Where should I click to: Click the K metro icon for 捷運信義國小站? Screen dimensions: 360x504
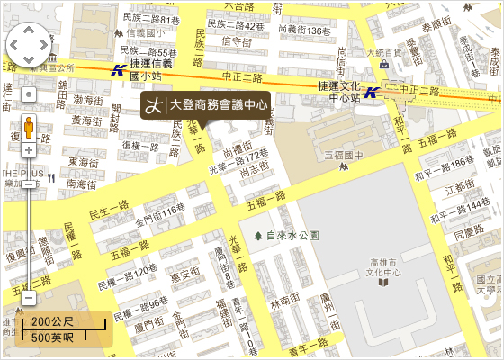coord(118,70)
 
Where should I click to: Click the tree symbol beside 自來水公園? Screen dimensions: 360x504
coord(257,236)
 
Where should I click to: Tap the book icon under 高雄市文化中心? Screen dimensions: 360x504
coord(384,283)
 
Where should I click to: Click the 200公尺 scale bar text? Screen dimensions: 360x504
coord(52,321)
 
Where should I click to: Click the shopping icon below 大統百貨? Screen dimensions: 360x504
coord(384,66)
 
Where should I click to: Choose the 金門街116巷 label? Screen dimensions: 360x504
coord(159,211)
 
